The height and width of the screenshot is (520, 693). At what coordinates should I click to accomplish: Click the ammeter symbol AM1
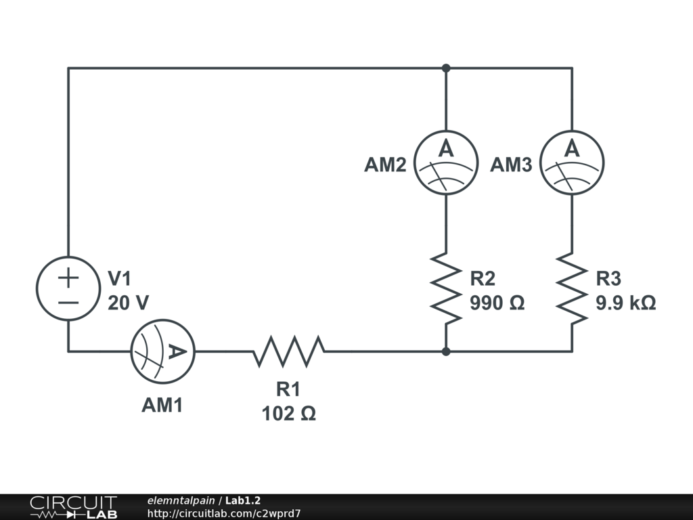coord(163,351)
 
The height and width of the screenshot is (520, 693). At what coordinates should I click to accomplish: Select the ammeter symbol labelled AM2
coord(446,162)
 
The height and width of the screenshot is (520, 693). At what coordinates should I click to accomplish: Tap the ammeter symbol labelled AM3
coord(572,162)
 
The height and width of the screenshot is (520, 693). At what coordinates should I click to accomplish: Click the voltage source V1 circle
coord(68,288)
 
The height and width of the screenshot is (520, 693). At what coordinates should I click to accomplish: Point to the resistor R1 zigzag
coord(289,351)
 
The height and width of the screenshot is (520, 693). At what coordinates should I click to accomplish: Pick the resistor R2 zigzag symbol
coord(446,288)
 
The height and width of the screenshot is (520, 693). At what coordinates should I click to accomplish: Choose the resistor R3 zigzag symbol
coord(572,288)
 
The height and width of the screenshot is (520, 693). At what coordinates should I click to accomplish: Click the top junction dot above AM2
coord(446,68)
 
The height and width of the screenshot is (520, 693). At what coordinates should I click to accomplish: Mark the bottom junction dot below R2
coord(446,351)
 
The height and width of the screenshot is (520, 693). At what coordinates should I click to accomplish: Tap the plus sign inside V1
coord(68,278)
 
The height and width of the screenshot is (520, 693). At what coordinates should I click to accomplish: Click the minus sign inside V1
coord(68,303)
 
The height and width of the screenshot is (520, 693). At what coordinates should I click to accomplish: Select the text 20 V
coord(128,303)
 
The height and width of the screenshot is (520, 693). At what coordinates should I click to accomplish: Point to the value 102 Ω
coord(289,414)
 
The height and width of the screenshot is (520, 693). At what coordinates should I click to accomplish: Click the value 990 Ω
coord(497,303)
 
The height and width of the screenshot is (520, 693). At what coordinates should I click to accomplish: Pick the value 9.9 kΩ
coord(626,303)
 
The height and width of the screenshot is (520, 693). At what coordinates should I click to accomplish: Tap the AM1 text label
coord(162,405)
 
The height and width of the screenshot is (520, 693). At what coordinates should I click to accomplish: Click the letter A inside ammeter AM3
coord(572,148)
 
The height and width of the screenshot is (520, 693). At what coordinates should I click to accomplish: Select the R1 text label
coord(288,389)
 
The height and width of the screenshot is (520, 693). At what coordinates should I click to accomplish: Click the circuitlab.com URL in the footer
coord(224,513)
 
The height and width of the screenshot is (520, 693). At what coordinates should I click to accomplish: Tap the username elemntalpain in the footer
coord(181,500)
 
